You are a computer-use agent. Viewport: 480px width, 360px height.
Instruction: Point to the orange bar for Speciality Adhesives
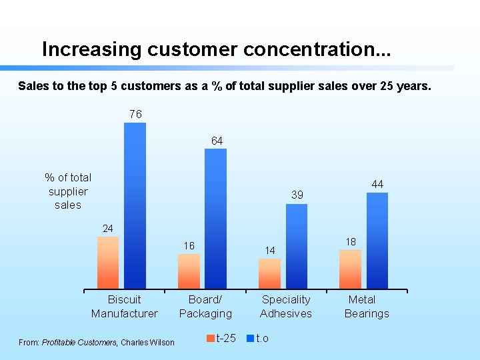[x=269, y=273]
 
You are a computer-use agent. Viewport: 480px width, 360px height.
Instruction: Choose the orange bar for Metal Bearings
[x=350, y=269]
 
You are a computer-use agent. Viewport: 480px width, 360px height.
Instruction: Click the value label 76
[x=135, y=115]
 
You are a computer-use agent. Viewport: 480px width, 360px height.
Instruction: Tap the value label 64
[x=217, y=141]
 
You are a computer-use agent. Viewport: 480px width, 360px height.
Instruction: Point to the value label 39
[x=297, y=195]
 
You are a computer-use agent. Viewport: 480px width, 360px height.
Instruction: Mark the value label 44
[x=377, y=184]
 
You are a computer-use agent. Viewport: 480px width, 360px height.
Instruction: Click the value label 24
[x=108, y=229]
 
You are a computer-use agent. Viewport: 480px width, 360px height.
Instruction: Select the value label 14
[x=269, y=251]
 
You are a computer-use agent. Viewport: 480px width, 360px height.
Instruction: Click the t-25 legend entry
[x=222, y=339]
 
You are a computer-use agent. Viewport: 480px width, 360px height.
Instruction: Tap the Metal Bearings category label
[x=366, y=307]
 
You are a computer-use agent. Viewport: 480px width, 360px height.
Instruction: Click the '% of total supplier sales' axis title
[x=68, y=191]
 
